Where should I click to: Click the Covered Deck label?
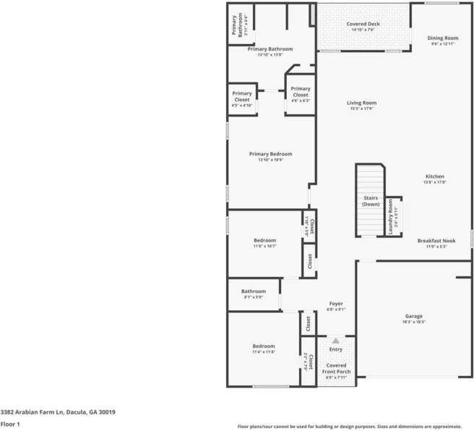363,24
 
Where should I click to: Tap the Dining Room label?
442,38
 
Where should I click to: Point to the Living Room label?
361,103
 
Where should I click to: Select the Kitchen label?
434,176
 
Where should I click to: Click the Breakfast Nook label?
436,241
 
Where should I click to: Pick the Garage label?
413,316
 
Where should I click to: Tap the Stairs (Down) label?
371,200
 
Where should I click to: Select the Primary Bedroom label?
270,154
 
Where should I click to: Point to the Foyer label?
336,303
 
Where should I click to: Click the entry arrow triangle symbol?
335,340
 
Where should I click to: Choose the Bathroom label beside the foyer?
253,291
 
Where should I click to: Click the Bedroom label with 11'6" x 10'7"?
264,240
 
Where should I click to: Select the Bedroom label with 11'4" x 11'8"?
264,346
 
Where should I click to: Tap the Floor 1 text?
10,424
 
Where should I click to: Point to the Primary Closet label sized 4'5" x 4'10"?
242,96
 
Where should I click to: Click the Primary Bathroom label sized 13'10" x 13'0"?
270,49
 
